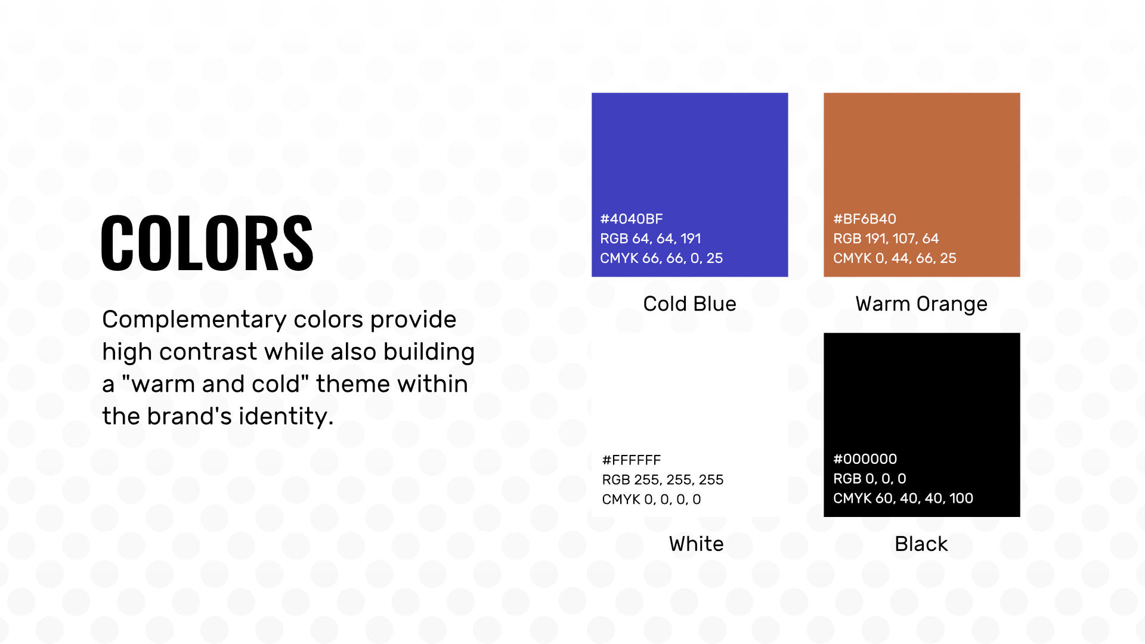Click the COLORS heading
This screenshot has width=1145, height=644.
(207, 243)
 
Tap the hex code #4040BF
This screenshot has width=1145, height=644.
(631, 219)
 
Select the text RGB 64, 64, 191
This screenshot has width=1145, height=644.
(650, 239)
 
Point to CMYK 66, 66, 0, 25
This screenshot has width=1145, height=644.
(661, 258)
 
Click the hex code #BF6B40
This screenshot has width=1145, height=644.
(864, 219)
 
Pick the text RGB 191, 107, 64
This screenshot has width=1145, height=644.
(886, 239)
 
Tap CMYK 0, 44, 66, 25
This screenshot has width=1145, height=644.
(894, 258)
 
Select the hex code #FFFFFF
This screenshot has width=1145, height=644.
(631, 460)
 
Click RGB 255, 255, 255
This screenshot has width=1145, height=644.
(662, 480)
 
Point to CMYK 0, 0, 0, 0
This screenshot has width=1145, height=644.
(651, 500)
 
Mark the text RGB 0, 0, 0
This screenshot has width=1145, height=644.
(869, 479)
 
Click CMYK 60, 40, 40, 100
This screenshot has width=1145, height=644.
(902, 499)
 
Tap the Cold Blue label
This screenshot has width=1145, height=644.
(689, 304)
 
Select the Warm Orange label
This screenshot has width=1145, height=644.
(921, 304)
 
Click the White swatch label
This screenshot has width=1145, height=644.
(696, 544)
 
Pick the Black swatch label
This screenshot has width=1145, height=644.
(921, 544)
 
